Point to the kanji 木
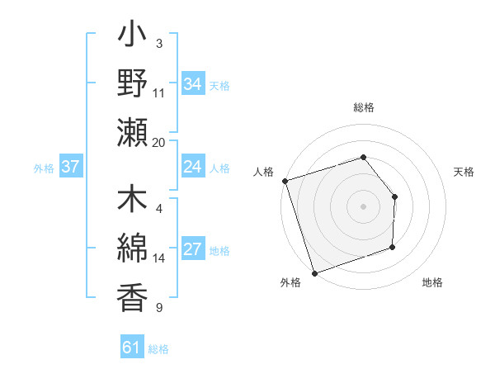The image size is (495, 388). pyautogui.click(x=132, y=202)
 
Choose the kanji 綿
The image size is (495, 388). pyautogui.click(x=132, y=248)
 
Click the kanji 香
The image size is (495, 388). pyautogui.click(x=132, y=296)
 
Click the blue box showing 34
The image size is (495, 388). pyautogui.click(x=192, y=83)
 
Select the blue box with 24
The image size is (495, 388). pyautogui.click(x=192, y=167)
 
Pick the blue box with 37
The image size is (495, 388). pyautogui.click(x=70, y=167)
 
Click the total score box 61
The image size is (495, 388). pyautogui.click(x=131, y=348)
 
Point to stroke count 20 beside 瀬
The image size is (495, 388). pyautogui.click(x=159, y=143)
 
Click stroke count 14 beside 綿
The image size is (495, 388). pyautogui.click(x=159, y=258)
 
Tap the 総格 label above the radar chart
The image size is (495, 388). pyautogui.click(x=363, y=108)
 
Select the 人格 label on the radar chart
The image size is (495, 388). pyautogui.click(x=264, y=172)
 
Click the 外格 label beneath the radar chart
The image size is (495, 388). pyautogui.click(x=290, y=282)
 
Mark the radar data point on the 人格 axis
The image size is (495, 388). pyautogui.click(x=285, y=181)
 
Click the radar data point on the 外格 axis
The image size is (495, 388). pyautogui.click(x=315, y=272)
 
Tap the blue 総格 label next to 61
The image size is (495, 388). pyautogui.click(x=158, y=349)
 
